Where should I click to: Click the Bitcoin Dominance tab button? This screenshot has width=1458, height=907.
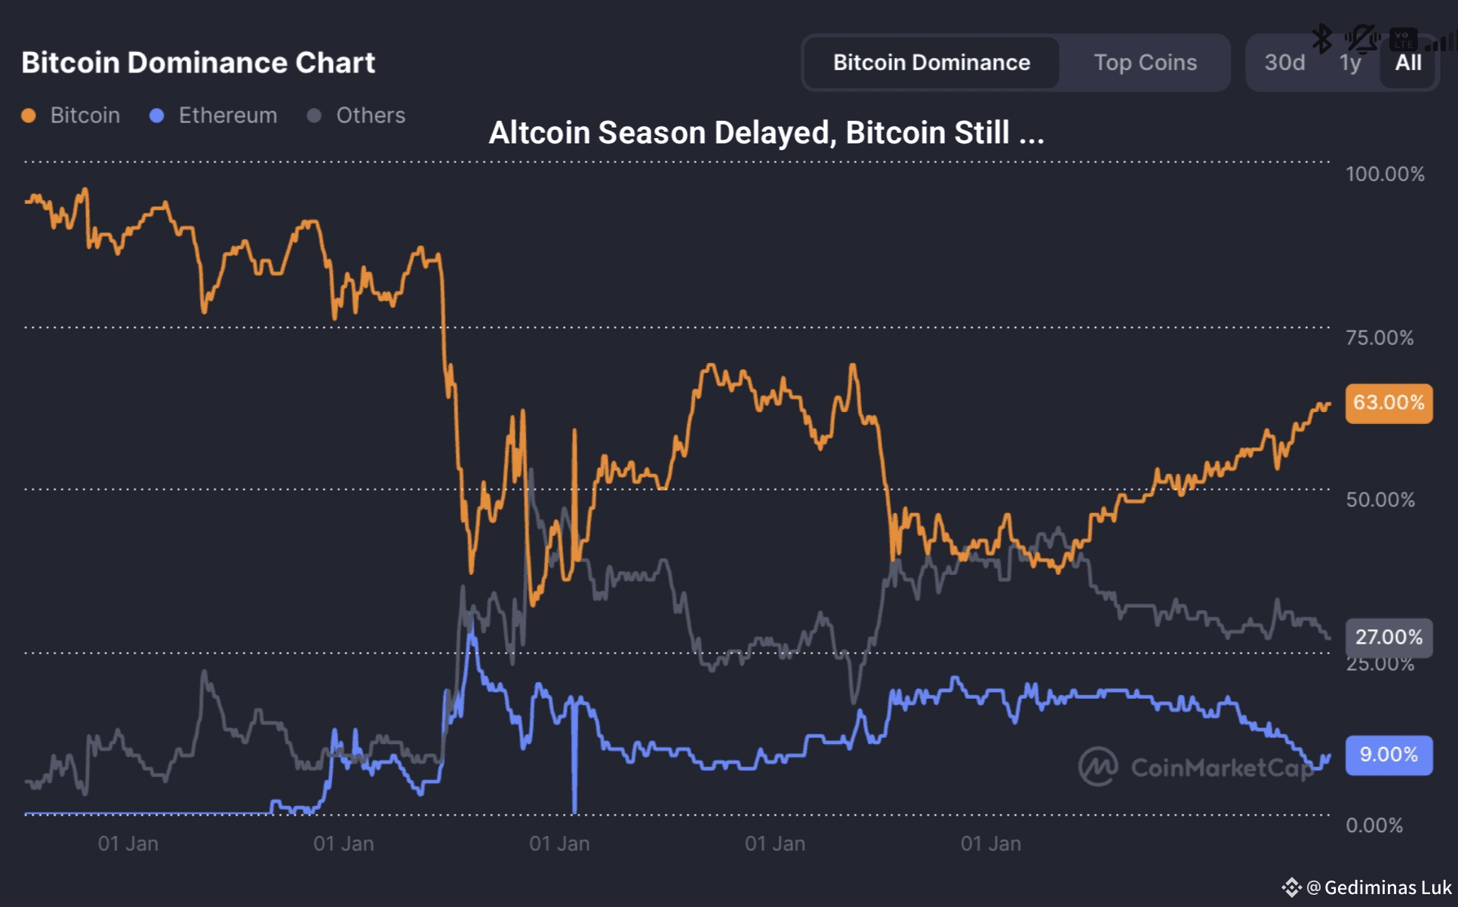pos(931,63)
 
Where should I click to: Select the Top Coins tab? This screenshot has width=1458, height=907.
pos(1145,63)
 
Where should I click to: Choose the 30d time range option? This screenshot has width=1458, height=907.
pos(1284,63)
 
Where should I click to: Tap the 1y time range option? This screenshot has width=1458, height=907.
pos(1350,63)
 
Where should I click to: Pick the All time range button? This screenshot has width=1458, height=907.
pos(1408,63)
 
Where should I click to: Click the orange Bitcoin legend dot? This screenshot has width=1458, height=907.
pos(29,115)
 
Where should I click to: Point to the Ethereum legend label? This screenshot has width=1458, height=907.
pos(227,115)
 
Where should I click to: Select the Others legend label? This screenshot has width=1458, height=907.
pos(371,115)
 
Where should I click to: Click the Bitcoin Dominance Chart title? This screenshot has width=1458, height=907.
pos(198,63)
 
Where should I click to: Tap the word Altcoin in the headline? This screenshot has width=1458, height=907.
pos(539,133)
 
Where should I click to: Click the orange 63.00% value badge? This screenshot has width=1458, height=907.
pos(1389,403)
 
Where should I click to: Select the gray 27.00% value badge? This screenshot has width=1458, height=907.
pos(1389,638)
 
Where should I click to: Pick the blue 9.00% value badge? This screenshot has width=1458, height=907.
pos(1389,755)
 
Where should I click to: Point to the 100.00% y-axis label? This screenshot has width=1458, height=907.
pos(1385,174)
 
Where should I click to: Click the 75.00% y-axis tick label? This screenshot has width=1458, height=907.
pos(1380,338)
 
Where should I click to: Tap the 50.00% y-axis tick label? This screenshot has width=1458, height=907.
pos(1380,500)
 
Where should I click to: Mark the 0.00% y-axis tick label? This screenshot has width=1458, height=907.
pos(1374,826)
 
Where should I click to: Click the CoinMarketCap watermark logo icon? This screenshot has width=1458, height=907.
pos(1097,767)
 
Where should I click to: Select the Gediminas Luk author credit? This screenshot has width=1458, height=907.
pos(1387,888)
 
